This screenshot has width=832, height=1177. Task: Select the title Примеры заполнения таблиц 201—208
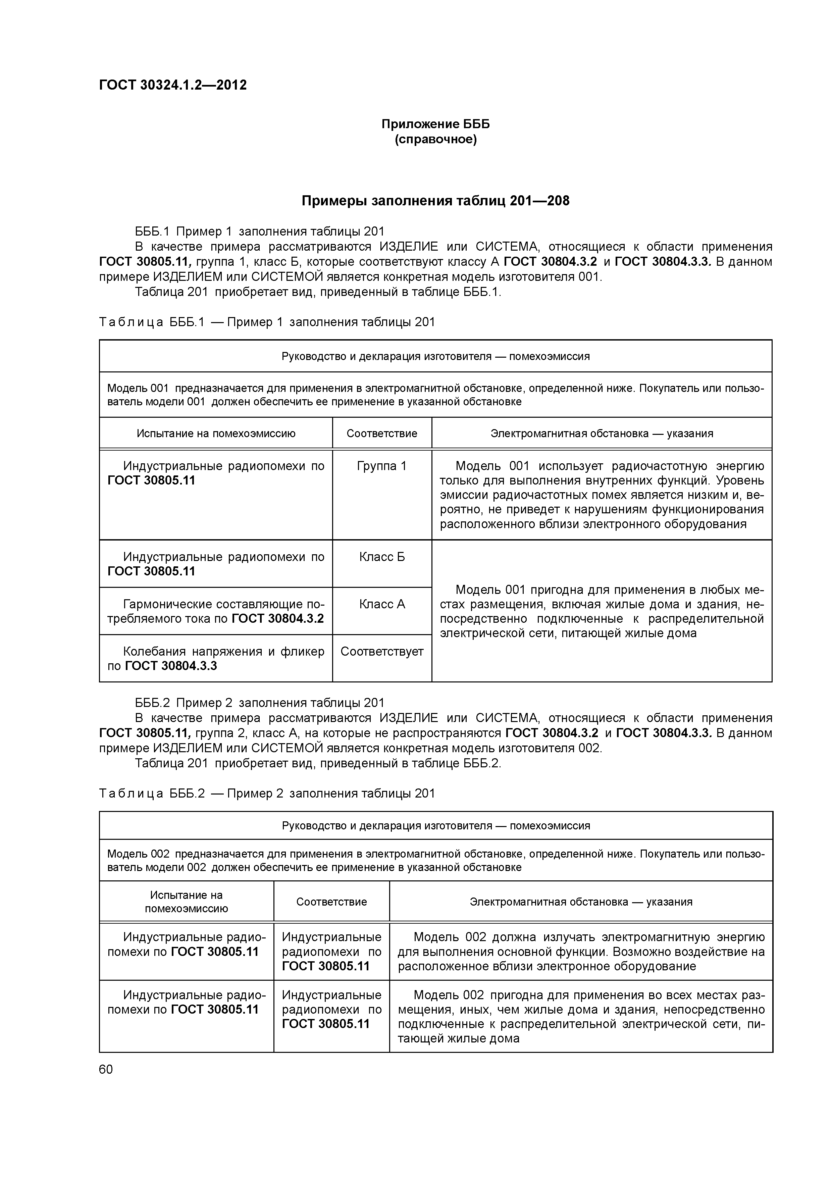[435, 201]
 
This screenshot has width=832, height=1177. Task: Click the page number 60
[106, 1069]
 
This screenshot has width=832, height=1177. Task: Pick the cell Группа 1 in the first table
[381, 466]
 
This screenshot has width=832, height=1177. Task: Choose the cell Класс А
[381, 604]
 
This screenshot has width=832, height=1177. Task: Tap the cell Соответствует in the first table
[381, 652]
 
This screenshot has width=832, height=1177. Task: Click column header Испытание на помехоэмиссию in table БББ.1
[216, 434]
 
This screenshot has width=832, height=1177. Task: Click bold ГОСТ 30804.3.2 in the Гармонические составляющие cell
[277, 619]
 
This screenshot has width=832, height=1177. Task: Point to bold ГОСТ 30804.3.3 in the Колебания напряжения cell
[171, 666]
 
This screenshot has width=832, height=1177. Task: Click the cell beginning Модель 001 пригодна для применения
[601, 611]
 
